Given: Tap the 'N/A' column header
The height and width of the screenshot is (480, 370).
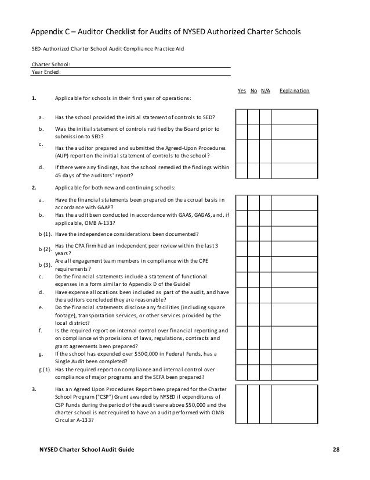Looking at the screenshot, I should pos(265,91).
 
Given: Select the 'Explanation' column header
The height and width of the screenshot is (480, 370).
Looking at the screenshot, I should pos(294,91).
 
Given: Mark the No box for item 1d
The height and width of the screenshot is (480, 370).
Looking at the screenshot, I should pos(253,170).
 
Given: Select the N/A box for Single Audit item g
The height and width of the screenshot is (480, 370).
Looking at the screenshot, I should pos(265,356).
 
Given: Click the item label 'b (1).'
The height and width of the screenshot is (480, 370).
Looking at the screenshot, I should pos(42,234).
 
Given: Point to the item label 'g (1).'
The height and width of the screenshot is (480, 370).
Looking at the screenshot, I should pos(42,369).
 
